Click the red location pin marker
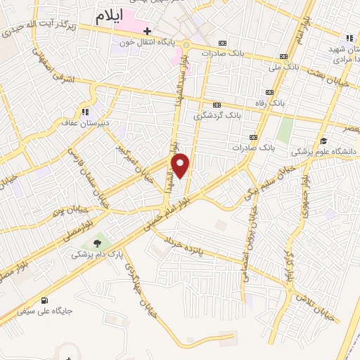tap(181, 166)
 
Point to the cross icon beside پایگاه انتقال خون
tap(147, 31)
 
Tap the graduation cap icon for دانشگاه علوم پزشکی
tap(323, 141)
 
